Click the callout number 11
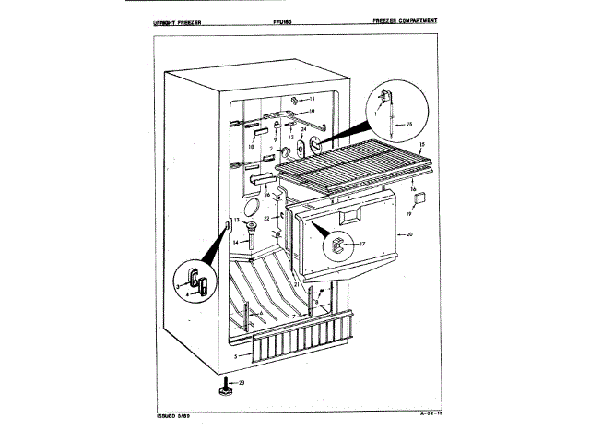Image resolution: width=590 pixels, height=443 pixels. coord(312,99)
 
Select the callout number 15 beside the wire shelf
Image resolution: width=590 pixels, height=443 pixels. coord(421,146)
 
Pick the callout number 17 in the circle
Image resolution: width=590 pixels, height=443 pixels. coord(362,244)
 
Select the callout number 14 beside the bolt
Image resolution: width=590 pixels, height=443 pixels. coord(235,242)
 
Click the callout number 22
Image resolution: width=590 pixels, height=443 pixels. coord(266,218)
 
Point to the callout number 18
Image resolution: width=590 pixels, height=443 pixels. coord(250,146)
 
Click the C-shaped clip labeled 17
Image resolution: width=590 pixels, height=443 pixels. coord(337,245)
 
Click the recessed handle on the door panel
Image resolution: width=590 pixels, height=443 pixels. coord(352,219)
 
